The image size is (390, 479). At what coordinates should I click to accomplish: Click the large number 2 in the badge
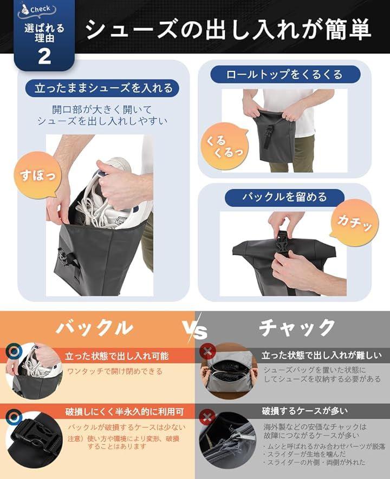point(44,56)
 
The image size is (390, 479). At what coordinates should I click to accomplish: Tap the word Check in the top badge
point(40,9)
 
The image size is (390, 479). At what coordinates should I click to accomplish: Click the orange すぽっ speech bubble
point(37,175)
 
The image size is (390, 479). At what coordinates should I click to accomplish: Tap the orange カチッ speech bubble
point(355,222)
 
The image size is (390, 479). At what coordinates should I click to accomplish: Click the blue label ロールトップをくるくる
point(285,75)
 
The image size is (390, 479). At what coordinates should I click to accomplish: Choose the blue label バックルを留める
point(284,197)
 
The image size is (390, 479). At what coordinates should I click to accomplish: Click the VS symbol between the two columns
point(195,330)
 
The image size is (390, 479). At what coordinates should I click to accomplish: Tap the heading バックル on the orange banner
point(94,327)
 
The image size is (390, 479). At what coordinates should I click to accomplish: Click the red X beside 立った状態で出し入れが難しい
point(207,351)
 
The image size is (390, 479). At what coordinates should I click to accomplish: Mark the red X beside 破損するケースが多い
point(207,417)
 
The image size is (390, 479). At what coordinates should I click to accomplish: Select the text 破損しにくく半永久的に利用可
point(125,412)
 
